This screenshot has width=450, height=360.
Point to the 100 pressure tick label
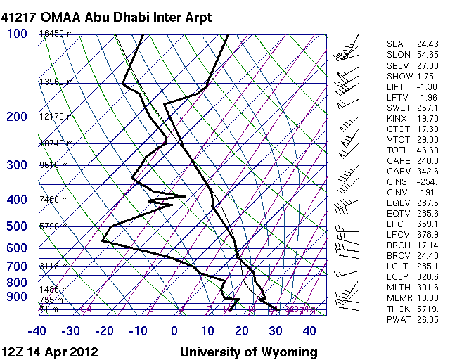[x=17, y=34]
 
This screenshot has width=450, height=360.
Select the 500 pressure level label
[x=17, y=226]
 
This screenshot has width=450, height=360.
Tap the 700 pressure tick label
[x=17, y=266]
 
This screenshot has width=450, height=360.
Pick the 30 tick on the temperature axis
[x=276, y=330]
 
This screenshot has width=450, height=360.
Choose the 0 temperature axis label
[x=174, y=330]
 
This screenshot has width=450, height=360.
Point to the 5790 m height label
[x=53, y=226]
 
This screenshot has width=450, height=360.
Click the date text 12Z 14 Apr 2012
[x=50, y=352]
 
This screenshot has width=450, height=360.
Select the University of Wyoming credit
[x=248, y=352]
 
